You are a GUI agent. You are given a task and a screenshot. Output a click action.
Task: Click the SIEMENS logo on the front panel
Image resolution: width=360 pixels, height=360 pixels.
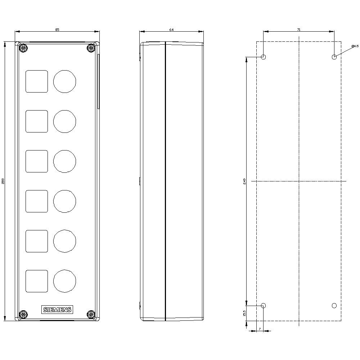coord(58,310)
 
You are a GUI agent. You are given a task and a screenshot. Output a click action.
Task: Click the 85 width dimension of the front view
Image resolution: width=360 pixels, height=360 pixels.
coord(57,30)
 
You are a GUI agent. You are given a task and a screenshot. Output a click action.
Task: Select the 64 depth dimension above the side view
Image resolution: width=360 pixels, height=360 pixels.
coord(171,30)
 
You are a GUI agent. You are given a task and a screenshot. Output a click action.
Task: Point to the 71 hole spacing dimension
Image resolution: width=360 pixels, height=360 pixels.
coord(299,30)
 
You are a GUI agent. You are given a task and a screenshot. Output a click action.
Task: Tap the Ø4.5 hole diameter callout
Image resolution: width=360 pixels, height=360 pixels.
coord(355,46)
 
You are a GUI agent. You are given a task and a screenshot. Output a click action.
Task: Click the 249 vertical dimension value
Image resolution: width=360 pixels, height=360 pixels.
coord(244,181)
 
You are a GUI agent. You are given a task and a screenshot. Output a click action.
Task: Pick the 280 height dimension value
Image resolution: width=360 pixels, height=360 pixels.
coord(3,181)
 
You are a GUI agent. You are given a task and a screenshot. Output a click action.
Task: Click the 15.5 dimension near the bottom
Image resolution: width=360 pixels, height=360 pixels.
coord(244,313)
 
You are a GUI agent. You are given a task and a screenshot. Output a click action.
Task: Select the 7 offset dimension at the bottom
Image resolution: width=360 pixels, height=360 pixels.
coord(260,329)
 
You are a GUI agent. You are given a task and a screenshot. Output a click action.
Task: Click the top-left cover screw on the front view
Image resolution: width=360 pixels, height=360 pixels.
coord(23,48)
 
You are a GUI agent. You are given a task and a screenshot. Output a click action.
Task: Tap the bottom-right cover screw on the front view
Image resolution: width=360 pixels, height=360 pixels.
coord(91,314)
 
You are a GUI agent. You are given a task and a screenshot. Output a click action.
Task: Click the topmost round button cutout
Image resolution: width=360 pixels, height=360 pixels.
coord(65,81)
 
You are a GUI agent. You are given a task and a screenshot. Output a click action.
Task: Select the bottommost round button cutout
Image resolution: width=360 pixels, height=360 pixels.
coord(65,281)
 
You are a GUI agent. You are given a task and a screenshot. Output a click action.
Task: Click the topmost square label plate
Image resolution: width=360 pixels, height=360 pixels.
coord(37,81)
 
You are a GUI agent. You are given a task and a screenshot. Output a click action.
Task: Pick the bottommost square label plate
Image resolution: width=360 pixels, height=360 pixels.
coord(37,281)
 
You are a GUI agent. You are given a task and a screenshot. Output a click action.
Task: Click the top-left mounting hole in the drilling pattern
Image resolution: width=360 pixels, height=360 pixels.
coord(263,57)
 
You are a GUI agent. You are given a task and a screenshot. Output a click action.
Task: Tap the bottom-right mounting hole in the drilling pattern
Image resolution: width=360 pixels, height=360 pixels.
coord(334,306)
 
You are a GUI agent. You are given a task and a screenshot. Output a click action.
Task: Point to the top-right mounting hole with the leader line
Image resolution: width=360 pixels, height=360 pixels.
coord(334,57)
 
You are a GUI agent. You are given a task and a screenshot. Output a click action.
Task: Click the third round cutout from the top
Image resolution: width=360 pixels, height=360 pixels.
coord(65,161)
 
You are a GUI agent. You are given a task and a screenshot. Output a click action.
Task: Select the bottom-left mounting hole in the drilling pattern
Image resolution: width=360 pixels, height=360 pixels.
coord(263,306)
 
